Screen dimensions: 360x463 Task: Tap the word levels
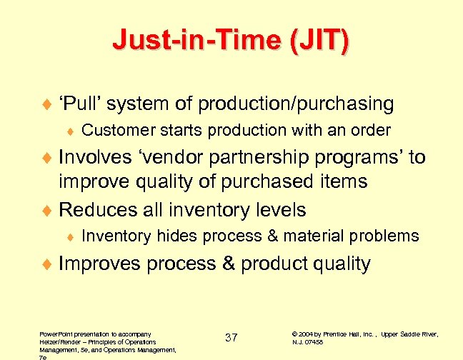coord(279,210)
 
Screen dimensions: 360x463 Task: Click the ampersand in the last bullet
coord(229,264)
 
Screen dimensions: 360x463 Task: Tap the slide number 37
coord(231,338)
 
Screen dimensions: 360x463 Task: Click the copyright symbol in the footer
coord(296,334)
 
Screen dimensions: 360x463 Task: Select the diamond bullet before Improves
coord(48,264)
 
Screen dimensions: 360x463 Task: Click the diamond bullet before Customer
coord(71,131)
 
